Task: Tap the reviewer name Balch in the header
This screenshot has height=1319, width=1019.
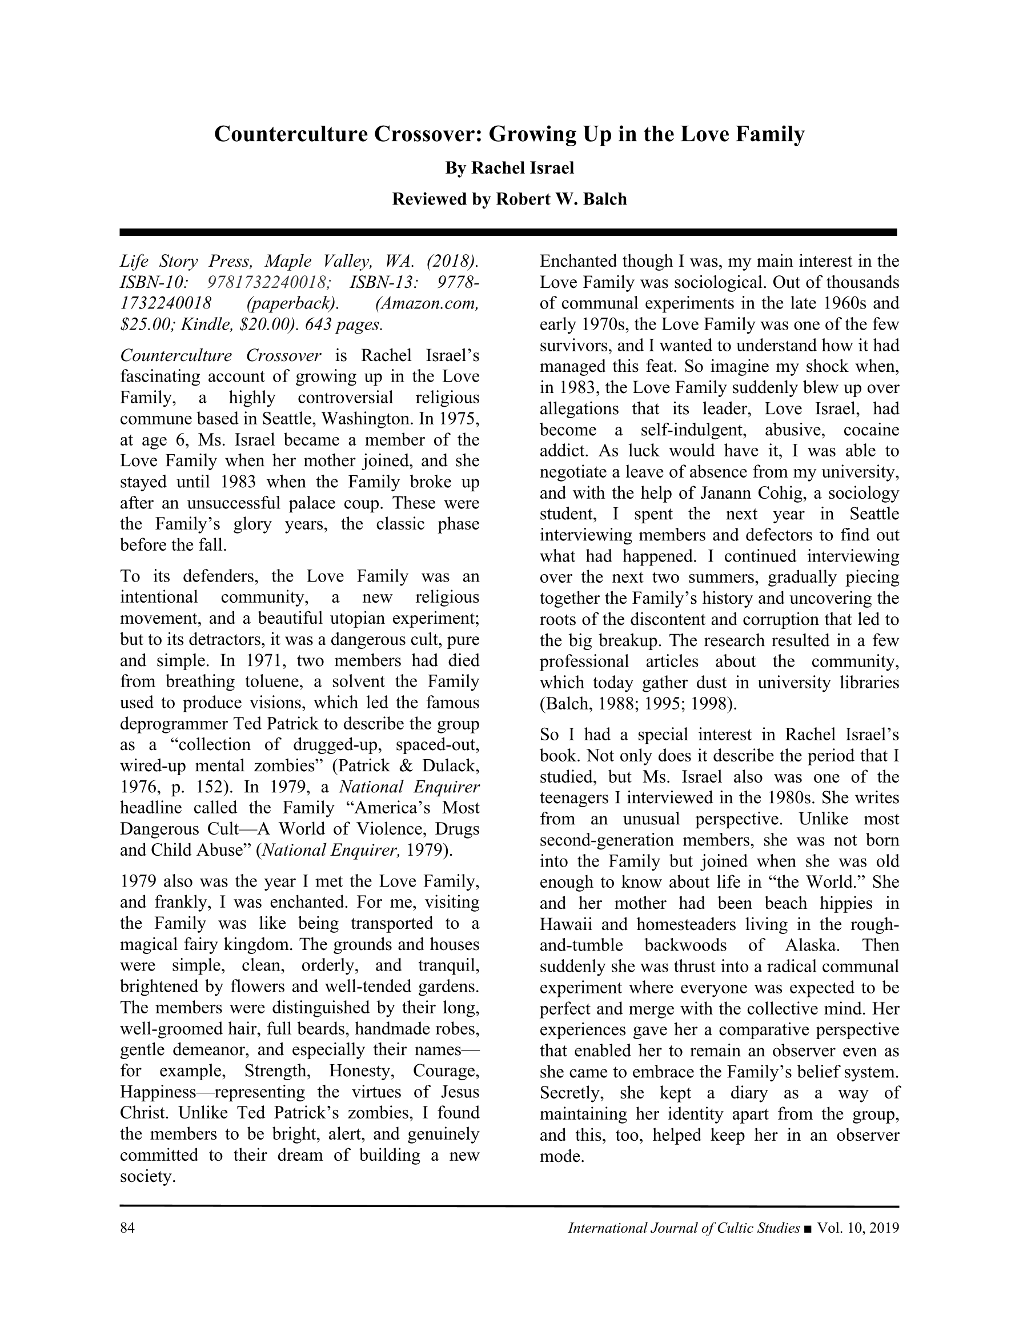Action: coord(605,199)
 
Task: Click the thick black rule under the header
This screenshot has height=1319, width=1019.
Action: coord(508,232)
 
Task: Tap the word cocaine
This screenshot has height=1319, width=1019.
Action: coord(871,430)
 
